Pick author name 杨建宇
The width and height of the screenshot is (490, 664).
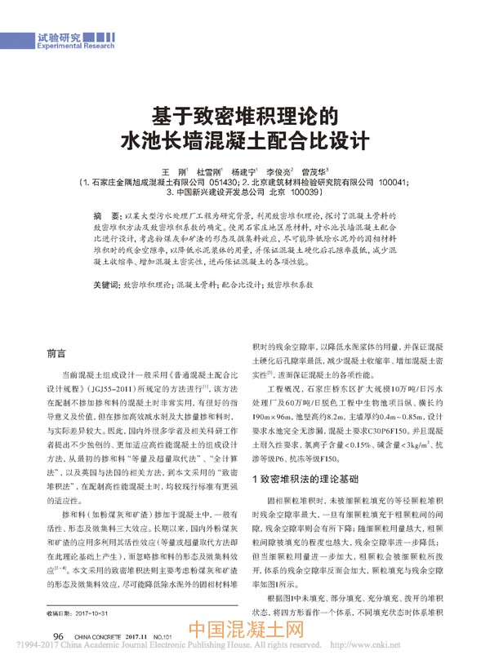247,174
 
